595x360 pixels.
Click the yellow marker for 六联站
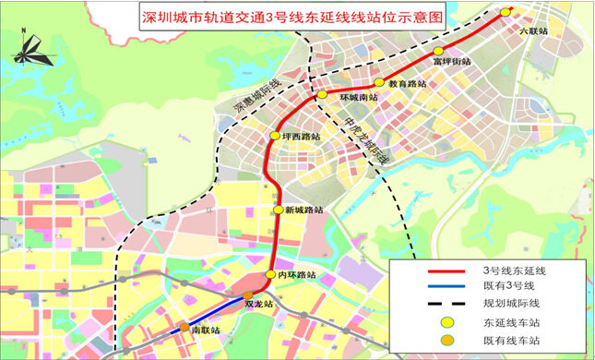pos(505,12)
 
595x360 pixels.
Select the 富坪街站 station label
pos(452,62)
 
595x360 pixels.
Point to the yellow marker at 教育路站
pos(379,83)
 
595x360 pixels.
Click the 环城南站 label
pos(360,98)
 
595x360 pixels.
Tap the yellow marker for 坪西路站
pos(274,137)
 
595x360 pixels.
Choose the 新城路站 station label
pos(304,210)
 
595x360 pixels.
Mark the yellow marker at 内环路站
pos(270,274)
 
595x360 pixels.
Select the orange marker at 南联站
pos(184,327)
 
